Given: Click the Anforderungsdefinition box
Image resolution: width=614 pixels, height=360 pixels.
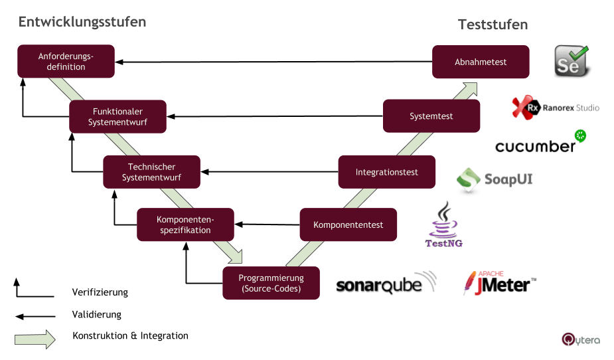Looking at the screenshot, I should [x=66, y=62].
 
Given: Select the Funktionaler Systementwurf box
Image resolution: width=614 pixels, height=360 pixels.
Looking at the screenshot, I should [x=118, y=116].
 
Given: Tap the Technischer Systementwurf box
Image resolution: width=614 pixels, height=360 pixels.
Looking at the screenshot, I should [x=151, y=172].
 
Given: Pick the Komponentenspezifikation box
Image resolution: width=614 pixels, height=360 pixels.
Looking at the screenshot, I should [x=185, y=225].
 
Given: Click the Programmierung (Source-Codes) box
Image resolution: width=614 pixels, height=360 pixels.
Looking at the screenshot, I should [x=271, y=283].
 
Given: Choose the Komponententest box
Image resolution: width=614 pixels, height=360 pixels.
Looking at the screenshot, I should [x=348, y=225].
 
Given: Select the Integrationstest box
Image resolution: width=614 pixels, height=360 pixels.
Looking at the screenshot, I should [x=387, y=172].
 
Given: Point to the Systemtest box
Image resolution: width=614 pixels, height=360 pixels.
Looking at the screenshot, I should [x=431, y=116].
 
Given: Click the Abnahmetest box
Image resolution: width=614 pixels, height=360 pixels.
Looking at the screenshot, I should [x=481, y=62].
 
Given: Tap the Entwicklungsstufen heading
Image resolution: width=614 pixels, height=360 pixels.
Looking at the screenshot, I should [x=82, y=22].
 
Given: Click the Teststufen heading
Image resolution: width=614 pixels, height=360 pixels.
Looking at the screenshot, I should [x=493, y=25].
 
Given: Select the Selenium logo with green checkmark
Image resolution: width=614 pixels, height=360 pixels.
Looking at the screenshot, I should [x=571, y=61].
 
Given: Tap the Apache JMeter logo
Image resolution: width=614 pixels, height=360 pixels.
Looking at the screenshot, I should [x=499, y=284].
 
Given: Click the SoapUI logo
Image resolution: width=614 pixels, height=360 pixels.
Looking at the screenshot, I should [x=495, y=179].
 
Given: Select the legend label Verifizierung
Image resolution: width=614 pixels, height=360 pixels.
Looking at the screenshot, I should [x=100, y=292].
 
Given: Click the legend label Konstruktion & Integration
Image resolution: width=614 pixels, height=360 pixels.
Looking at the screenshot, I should [x=130, y=336].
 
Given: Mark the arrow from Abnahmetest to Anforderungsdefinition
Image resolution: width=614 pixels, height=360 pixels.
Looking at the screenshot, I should [x=272, y=62].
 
